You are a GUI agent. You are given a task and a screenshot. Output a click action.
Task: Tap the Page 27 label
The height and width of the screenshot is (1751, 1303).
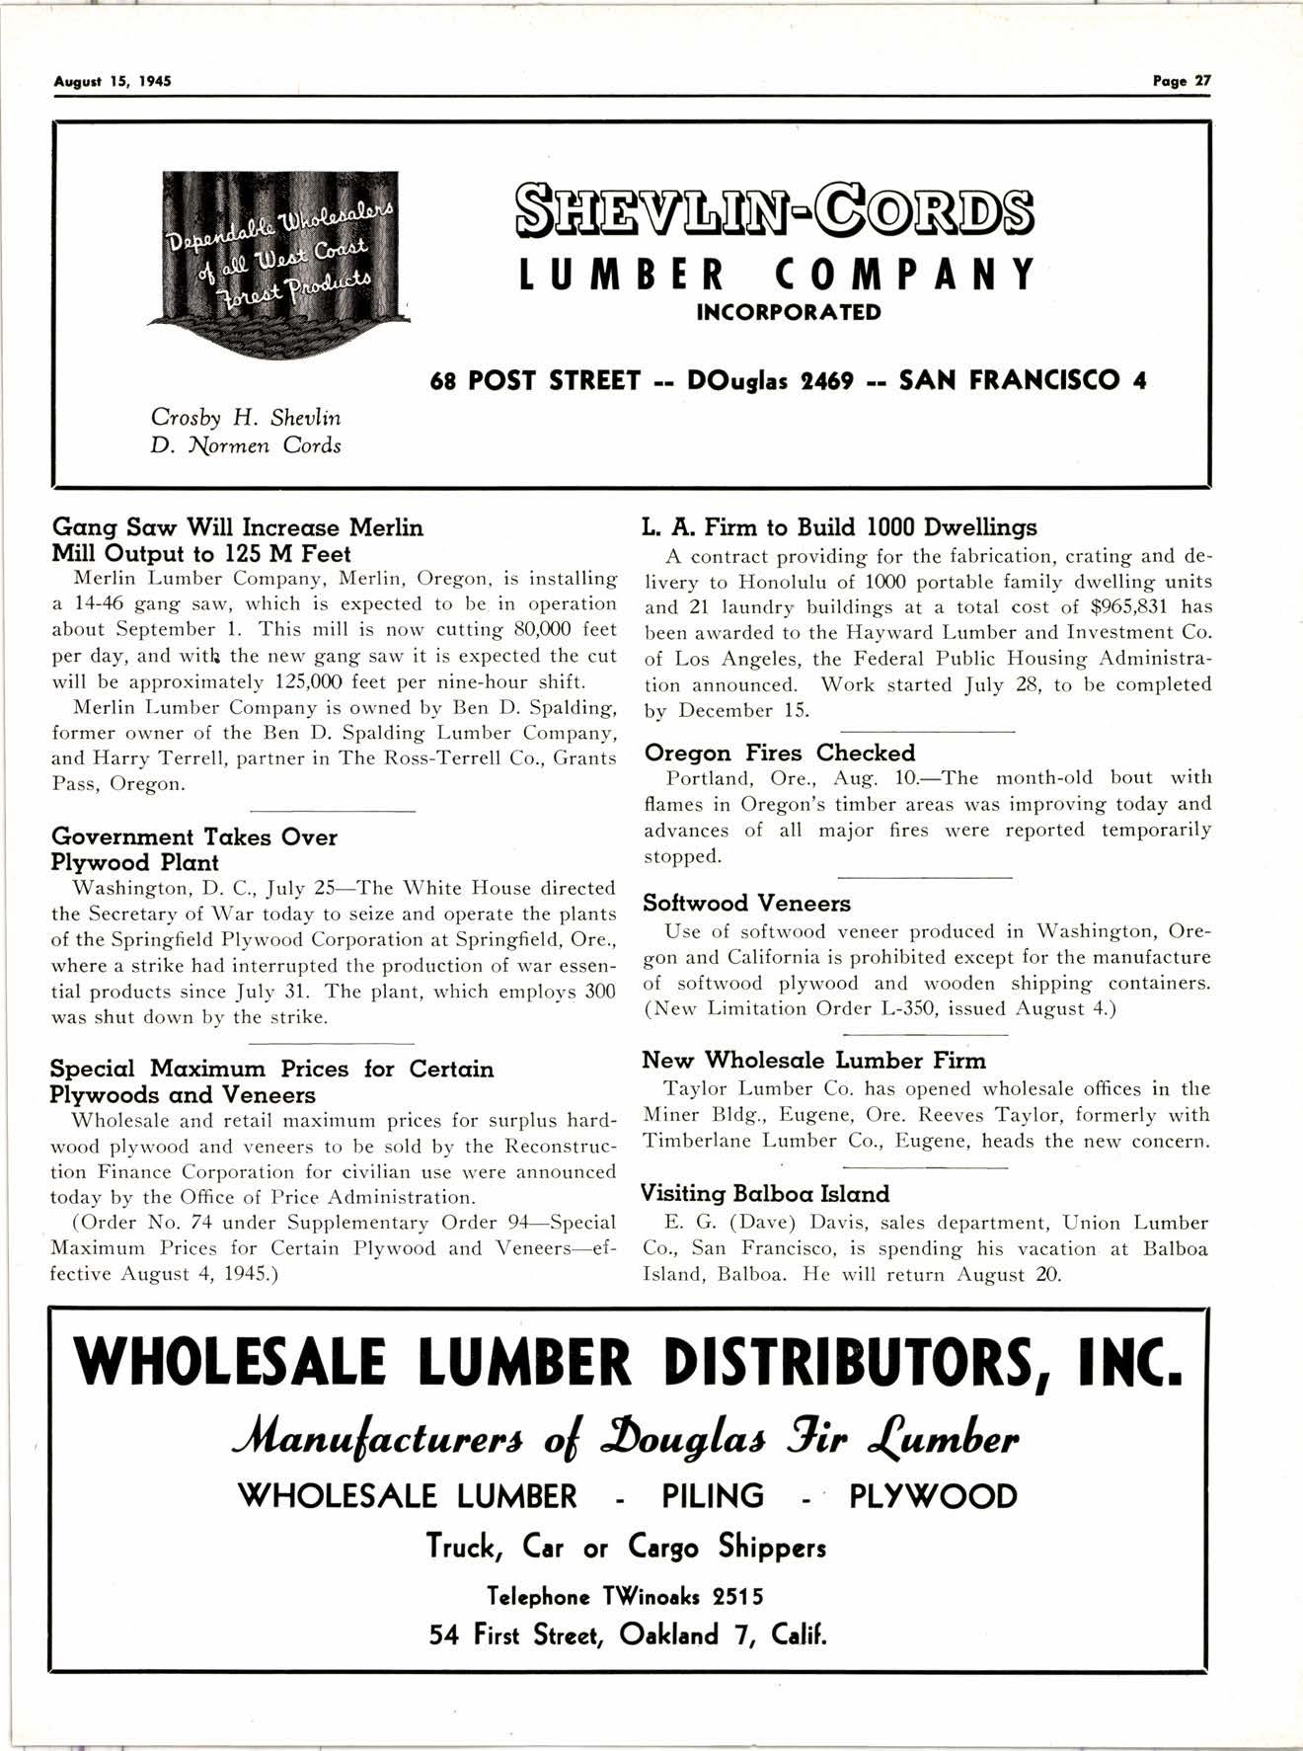coord(1182,82)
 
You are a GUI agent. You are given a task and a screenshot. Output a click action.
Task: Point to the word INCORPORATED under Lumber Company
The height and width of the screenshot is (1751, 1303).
coord(789,313)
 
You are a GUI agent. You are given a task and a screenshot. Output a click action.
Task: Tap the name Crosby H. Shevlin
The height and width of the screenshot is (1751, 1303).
coord(245,418)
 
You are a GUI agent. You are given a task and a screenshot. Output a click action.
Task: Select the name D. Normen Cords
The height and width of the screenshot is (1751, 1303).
coord(245,445)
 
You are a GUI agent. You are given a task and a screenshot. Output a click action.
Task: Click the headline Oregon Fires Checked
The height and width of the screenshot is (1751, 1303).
coord(779,753)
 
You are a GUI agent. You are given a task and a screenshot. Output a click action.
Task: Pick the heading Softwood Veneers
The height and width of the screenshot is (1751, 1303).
coord(746,903)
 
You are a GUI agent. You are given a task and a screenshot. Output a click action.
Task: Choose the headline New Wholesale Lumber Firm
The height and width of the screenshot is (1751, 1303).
coord(813,1061)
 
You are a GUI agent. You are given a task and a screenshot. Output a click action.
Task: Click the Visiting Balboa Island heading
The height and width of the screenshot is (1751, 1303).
coord(765,1193)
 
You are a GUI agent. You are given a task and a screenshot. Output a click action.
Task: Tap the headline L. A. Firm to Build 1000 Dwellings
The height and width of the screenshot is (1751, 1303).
coord(840,527)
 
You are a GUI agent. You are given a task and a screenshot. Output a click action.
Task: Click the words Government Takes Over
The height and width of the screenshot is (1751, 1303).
coord(194,837)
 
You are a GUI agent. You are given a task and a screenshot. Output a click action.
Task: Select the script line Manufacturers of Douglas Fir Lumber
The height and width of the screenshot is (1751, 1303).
coord(628,1441)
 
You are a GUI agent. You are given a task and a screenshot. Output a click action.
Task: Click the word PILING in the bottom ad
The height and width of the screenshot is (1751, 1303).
coord(713,1496)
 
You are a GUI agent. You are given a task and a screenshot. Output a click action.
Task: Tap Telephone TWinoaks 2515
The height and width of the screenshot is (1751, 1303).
coord(626,1597)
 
